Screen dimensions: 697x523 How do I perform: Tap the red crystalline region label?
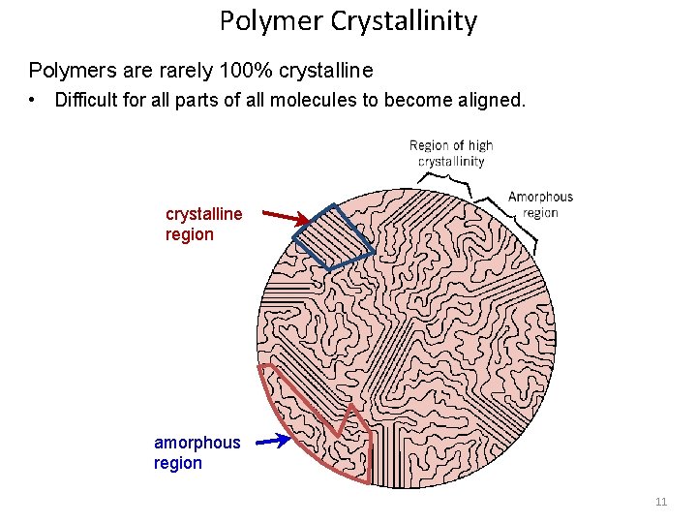click(x=203, y=224)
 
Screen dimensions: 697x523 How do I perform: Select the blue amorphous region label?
click(x=197, y=452)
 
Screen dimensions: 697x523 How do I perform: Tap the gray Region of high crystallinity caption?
click(x=451, y=153)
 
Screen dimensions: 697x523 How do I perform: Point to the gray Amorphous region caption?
click(x=540, y=204)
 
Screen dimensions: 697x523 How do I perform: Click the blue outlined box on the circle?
click(x=333, y=235)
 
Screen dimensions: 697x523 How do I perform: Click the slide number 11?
click(x=661, y=502)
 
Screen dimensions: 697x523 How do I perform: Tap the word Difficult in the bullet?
click(x=90, y=100)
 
